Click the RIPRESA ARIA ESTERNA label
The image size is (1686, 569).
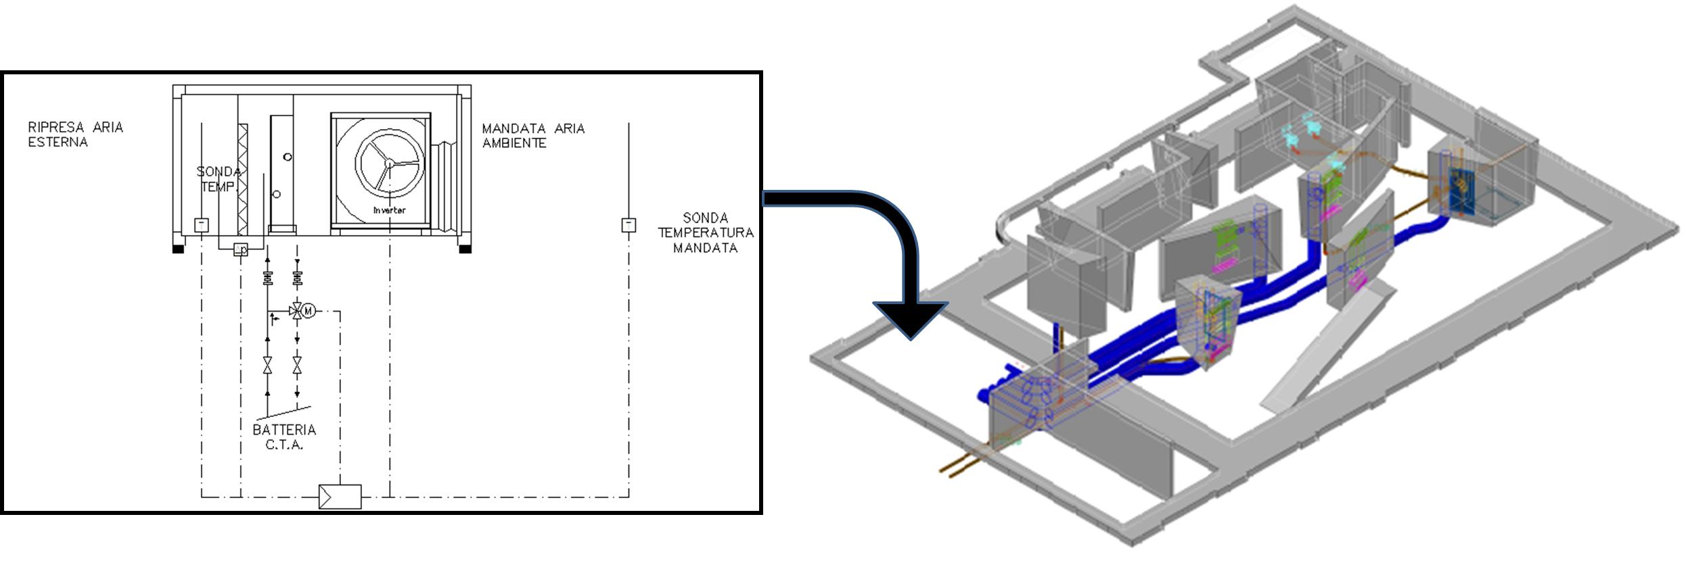tap(75, 134)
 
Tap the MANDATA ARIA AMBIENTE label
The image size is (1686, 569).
tap(533, 136)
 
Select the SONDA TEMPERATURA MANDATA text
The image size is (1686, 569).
tap(705, 232)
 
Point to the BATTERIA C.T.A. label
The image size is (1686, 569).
tap(284, 437)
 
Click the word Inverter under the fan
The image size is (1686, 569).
tap(390, 210)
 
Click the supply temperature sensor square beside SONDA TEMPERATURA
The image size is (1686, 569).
tap(629, 224)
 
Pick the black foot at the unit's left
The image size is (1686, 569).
tap(178, 249)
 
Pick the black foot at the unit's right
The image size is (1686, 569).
tap(465, 249)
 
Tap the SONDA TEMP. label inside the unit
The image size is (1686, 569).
tap(218, 179)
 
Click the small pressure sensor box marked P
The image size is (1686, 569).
tap(241, 250)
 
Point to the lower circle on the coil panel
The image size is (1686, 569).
tap(277, 195)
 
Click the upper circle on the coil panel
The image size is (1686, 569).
tap(288, 157)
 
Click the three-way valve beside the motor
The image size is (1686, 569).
tap(296, 311)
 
